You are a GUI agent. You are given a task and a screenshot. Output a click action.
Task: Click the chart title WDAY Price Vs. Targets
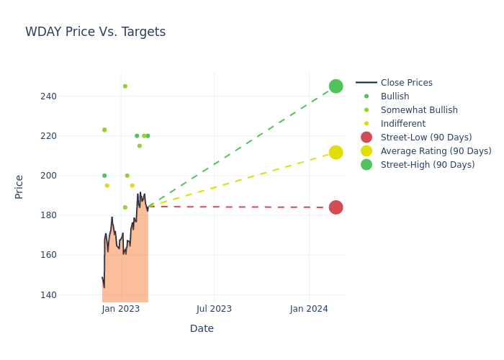pos(95,32)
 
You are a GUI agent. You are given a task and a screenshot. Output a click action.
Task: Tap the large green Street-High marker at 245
pos(336,86)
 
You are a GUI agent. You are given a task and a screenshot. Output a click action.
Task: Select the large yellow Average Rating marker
pos(336,152)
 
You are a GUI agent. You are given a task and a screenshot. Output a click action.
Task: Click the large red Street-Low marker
pos(336,207)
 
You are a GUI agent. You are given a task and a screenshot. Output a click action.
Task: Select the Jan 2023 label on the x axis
pos(121,309)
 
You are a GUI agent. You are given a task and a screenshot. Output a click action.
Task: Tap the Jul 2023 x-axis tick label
pos(215,309)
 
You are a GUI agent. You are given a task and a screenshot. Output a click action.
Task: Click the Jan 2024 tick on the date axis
pos(309,309)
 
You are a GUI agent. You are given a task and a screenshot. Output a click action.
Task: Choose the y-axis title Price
pos(19,186)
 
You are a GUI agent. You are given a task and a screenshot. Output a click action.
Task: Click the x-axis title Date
pos(202,329)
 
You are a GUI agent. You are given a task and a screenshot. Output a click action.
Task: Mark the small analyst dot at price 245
pos(125,86)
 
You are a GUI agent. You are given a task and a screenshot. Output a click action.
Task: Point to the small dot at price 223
pos(104,130)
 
